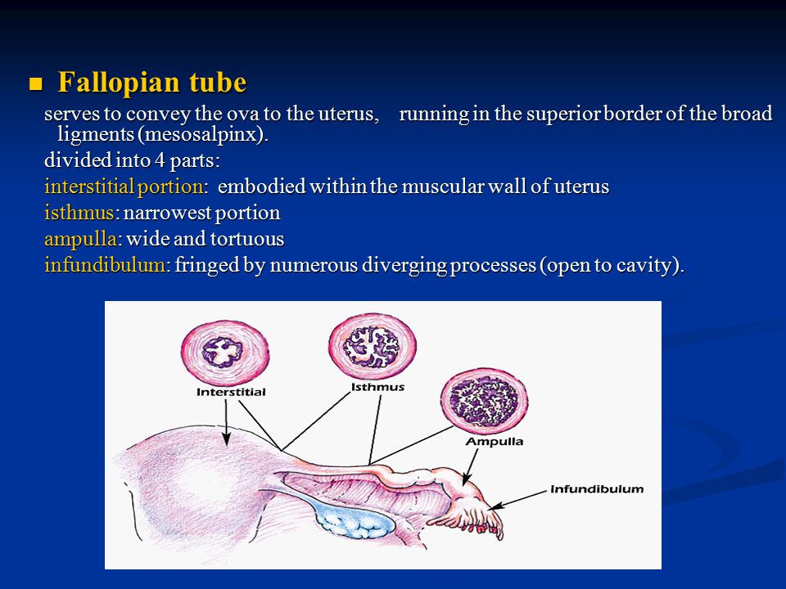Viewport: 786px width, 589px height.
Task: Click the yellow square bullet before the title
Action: click(35, 83)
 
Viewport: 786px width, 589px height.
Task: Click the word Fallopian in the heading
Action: click(118, 82)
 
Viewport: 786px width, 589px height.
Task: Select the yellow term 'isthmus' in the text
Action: click(79, 213)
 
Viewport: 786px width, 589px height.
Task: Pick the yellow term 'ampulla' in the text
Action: click(81, 240)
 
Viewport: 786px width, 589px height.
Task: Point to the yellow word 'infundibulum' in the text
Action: click(105, 264)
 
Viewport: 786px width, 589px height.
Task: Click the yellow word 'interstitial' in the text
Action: click(88, 187)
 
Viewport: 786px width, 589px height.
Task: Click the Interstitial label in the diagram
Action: click(231, 392)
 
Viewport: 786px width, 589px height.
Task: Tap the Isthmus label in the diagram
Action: click(377, 387)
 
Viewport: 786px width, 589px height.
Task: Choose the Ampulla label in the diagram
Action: click(495, 441)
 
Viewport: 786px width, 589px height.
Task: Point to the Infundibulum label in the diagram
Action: click(597, 489)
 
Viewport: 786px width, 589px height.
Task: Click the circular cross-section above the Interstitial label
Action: click(225, 353)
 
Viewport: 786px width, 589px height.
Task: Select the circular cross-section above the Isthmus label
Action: click(372, 347)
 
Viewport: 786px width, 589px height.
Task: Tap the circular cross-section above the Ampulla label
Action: click(484, 401)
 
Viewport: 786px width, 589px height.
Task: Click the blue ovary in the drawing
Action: click(355, 520)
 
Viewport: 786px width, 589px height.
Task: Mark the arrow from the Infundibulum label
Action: click(517, 500)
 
